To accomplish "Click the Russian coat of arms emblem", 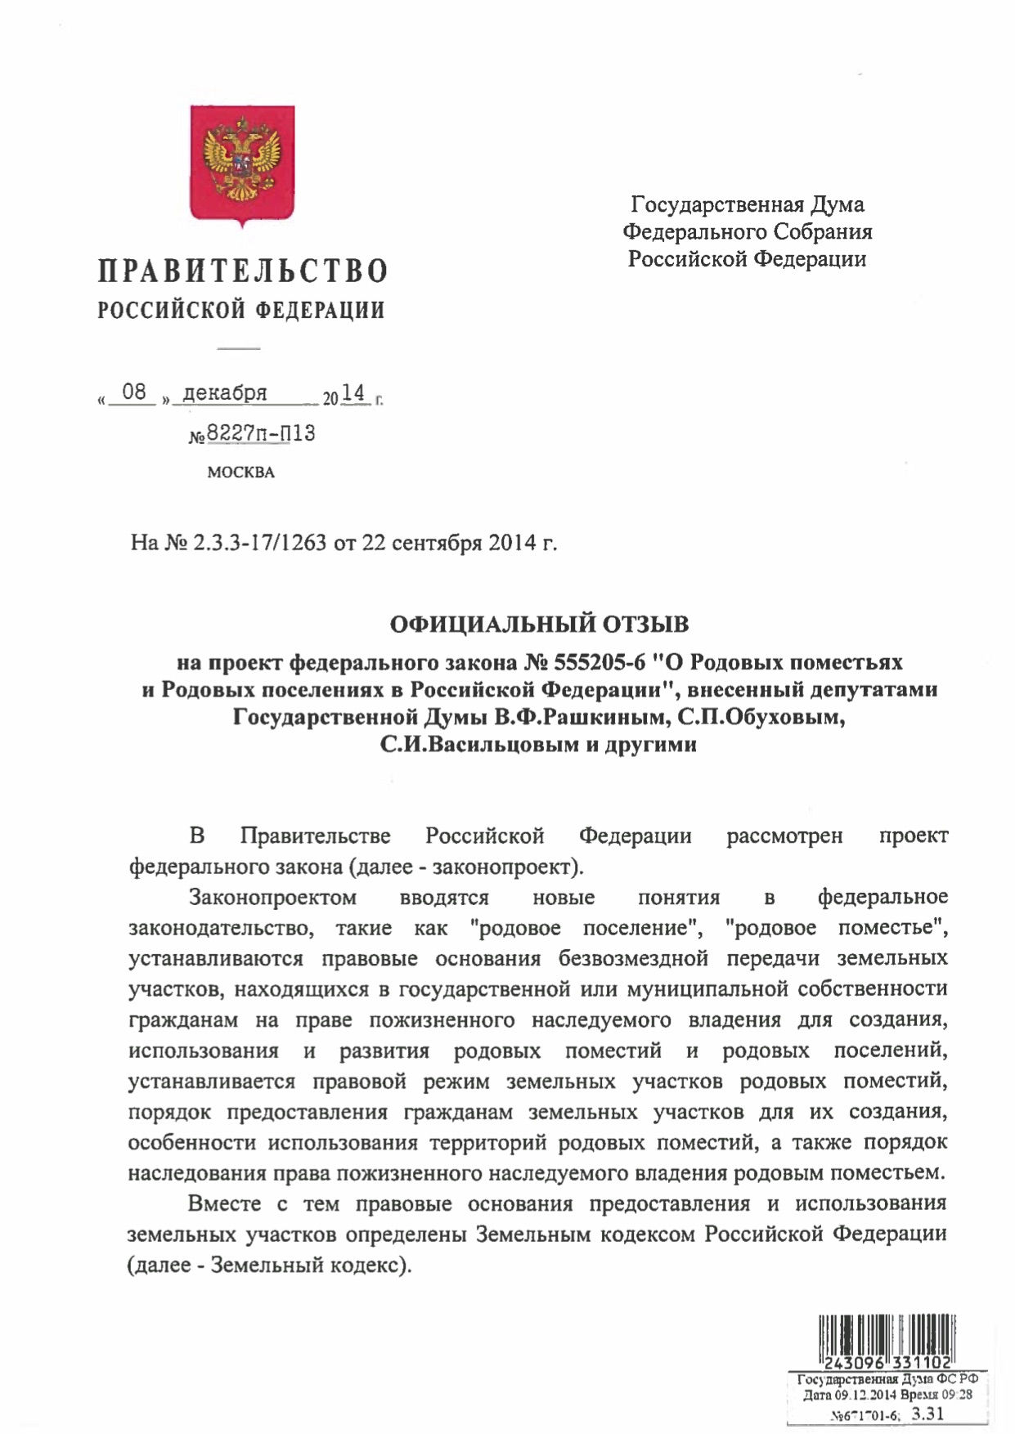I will pyautogui.click(x=242, y=164).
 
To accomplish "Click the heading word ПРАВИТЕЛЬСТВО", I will pyautogui.click(x=242, y=271).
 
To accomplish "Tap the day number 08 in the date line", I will pyautogui.click(x=133, y=392).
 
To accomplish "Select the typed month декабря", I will pyautogui.click(x=224, y=393).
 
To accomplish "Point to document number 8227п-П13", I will pyautogui.click(x=260, y=434).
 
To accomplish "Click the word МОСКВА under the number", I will pyautogui.click(x=240, y=473).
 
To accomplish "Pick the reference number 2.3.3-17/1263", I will pyautogui.click(x=260, y=544).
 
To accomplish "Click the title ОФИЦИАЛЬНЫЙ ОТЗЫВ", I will pyautogui.click(x=539, y=625).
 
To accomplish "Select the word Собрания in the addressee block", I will pyautogui.click(x=824, y=232).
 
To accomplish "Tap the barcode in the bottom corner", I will pyautogui.click(x=887, y=1332).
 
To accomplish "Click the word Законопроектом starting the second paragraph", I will pyautogui.click(x=272, y=898).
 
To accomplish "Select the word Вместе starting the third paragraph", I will pyautogui.click(x=224, y=1203).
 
